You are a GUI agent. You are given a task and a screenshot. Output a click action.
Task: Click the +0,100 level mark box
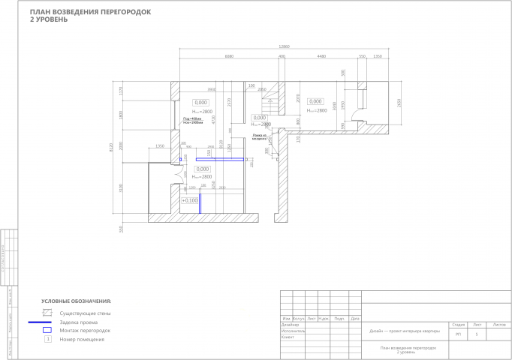(x=190, y=200)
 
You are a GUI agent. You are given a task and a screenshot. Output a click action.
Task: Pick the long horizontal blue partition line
(x=221, y=159)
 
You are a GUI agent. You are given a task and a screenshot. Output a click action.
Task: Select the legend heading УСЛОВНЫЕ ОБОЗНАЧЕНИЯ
(x=76, y=300)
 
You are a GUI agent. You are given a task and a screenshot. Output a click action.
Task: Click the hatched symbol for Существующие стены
(x=47, y=311)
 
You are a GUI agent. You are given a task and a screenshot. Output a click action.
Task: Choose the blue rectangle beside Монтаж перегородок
(x=47, y=330)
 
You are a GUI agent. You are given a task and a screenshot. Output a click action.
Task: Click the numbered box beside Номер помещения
(x=47, y=340)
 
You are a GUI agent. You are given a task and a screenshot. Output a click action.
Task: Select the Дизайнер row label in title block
(x=290, y=324)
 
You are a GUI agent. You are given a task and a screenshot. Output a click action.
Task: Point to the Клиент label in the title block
(x=288, y=337)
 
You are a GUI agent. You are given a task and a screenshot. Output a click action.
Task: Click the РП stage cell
(x=458, y=332)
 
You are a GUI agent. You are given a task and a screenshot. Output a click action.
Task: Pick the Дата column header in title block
(x=354, y=318)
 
